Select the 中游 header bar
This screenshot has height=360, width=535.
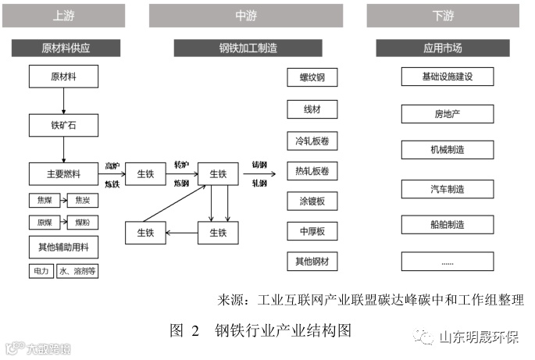245,15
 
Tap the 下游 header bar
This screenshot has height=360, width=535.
443,15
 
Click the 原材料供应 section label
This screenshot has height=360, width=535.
66,48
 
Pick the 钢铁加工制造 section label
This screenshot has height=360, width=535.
245,48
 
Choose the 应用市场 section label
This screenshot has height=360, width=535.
443,48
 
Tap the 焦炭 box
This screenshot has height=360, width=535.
83,200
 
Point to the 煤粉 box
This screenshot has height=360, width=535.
83,223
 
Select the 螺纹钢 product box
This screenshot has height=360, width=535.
312,78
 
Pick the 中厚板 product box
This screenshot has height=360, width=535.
312,231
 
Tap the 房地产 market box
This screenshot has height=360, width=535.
448,114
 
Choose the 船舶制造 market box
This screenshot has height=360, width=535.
448,224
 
